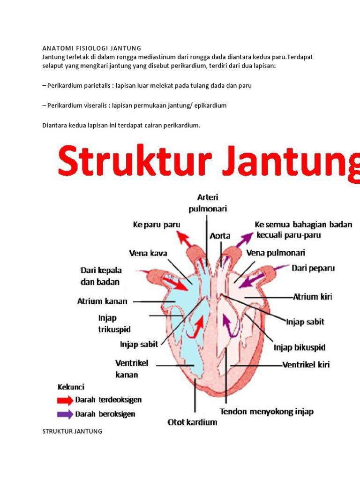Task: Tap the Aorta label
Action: point(220,236)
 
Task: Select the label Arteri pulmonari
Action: point(208,203)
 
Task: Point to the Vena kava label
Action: point(148,253)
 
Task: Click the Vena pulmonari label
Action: point(276,253)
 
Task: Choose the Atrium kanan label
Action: point(102,301)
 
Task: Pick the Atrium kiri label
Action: point(312,297)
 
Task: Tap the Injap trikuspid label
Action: point(114,323)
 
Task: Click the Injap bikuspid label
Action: point(300,348)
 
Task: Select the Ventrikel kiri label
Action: point(306,365)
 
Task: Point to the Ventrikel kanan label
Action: point(132,369)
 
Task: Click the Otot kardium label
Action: point(192,422)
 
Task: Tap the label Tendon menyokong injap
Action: point(267,412)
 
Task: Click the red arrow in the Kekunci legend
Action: point(65,400)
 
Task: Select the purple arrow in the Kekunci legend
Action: point(65,414)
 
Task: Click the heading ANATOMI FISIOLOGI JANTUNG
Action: point(92,48)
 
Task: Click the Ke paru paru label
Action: point(157,225)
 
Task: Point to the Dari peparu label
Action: point(313,269)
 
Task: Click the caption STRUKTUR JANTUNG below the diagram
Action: point(72,431)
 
